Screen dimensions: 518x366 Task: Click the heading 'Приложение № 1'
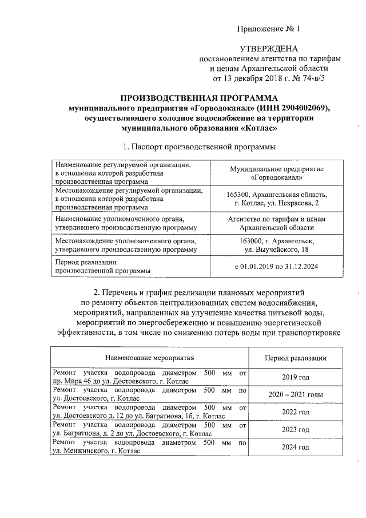point(268,28)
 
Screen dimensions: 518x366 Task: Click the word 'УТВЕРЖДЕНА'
point(268,50)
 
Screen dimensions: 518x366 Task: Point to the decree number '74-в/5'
point(312,78)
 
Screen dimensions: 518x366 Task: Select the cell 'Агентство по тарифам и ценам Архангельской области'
point(276,223)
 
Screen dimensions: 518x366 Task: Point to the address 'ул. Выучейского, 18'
point(276,250)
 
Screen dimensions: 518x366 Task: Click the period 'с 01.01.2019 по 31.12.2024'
point(276,267)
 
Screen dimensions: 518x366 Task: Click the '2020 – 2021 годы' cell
point(296,395)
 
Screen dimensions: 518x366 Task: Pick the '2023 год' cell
point(296,429)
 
